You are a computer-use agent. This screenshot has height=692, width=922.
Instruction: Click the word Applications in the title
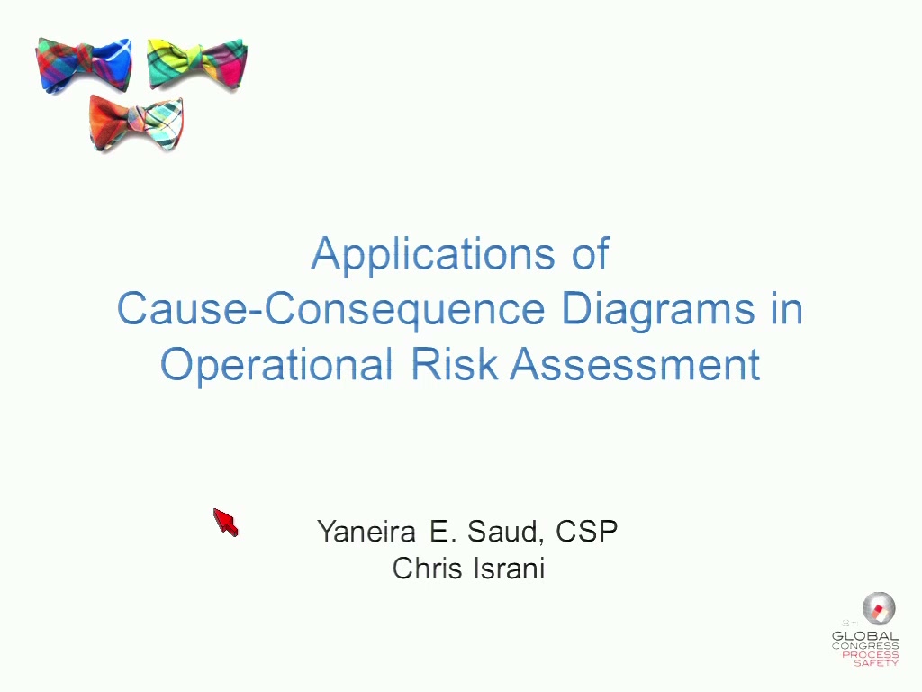click(433, 254)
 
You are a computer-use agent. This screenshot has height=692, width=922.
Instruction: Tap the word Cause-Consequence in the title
click(331, 308)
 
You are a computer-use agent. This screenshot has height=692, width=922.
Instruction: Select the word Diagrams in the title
click(658, 310)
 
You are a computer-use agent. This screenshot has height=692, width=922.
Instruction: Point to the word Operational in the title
click(276, 365)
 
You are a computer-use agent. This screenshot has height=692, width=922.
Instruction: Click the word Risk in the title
click(455, 363)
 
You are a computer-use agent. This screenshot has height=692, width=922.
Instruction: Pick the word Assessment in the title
click(635, 364)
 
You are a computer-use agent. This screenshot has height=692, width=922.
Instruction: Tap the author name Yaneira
click(366, 532)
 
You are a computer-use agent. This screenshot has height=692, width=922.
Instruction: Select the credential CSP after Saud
click(586, 531)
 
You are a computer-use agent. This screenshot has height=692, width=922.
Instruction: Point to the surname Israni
click(509, 569)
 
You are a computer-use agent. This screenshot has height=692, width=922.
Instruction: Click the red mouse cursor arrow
click(225, 522)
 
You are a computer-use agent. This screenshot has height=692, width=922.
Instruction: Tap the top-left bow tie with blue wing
click(84, 65)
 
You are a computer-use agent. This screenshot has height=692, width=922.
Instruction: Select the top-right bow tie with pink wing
click(197, 65)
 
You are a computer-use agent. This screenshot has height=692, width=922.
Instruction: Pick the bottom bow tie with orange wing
click(137, 123)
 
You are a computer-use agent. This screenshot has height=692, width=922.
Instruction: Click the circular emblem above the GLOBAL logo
click(879, 608)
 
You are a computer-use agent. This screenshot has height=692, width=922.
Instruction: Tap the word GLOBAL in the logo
click(865, 636)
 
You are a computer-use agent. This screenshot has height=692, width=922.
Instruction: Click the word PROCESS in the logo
click(871, 654)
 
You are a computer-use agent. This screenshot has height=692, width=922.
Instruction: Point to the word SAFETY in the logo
click(876, 662)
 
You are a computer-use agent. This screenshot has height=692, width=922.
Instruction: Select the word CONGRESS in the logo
click(865, 646)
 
